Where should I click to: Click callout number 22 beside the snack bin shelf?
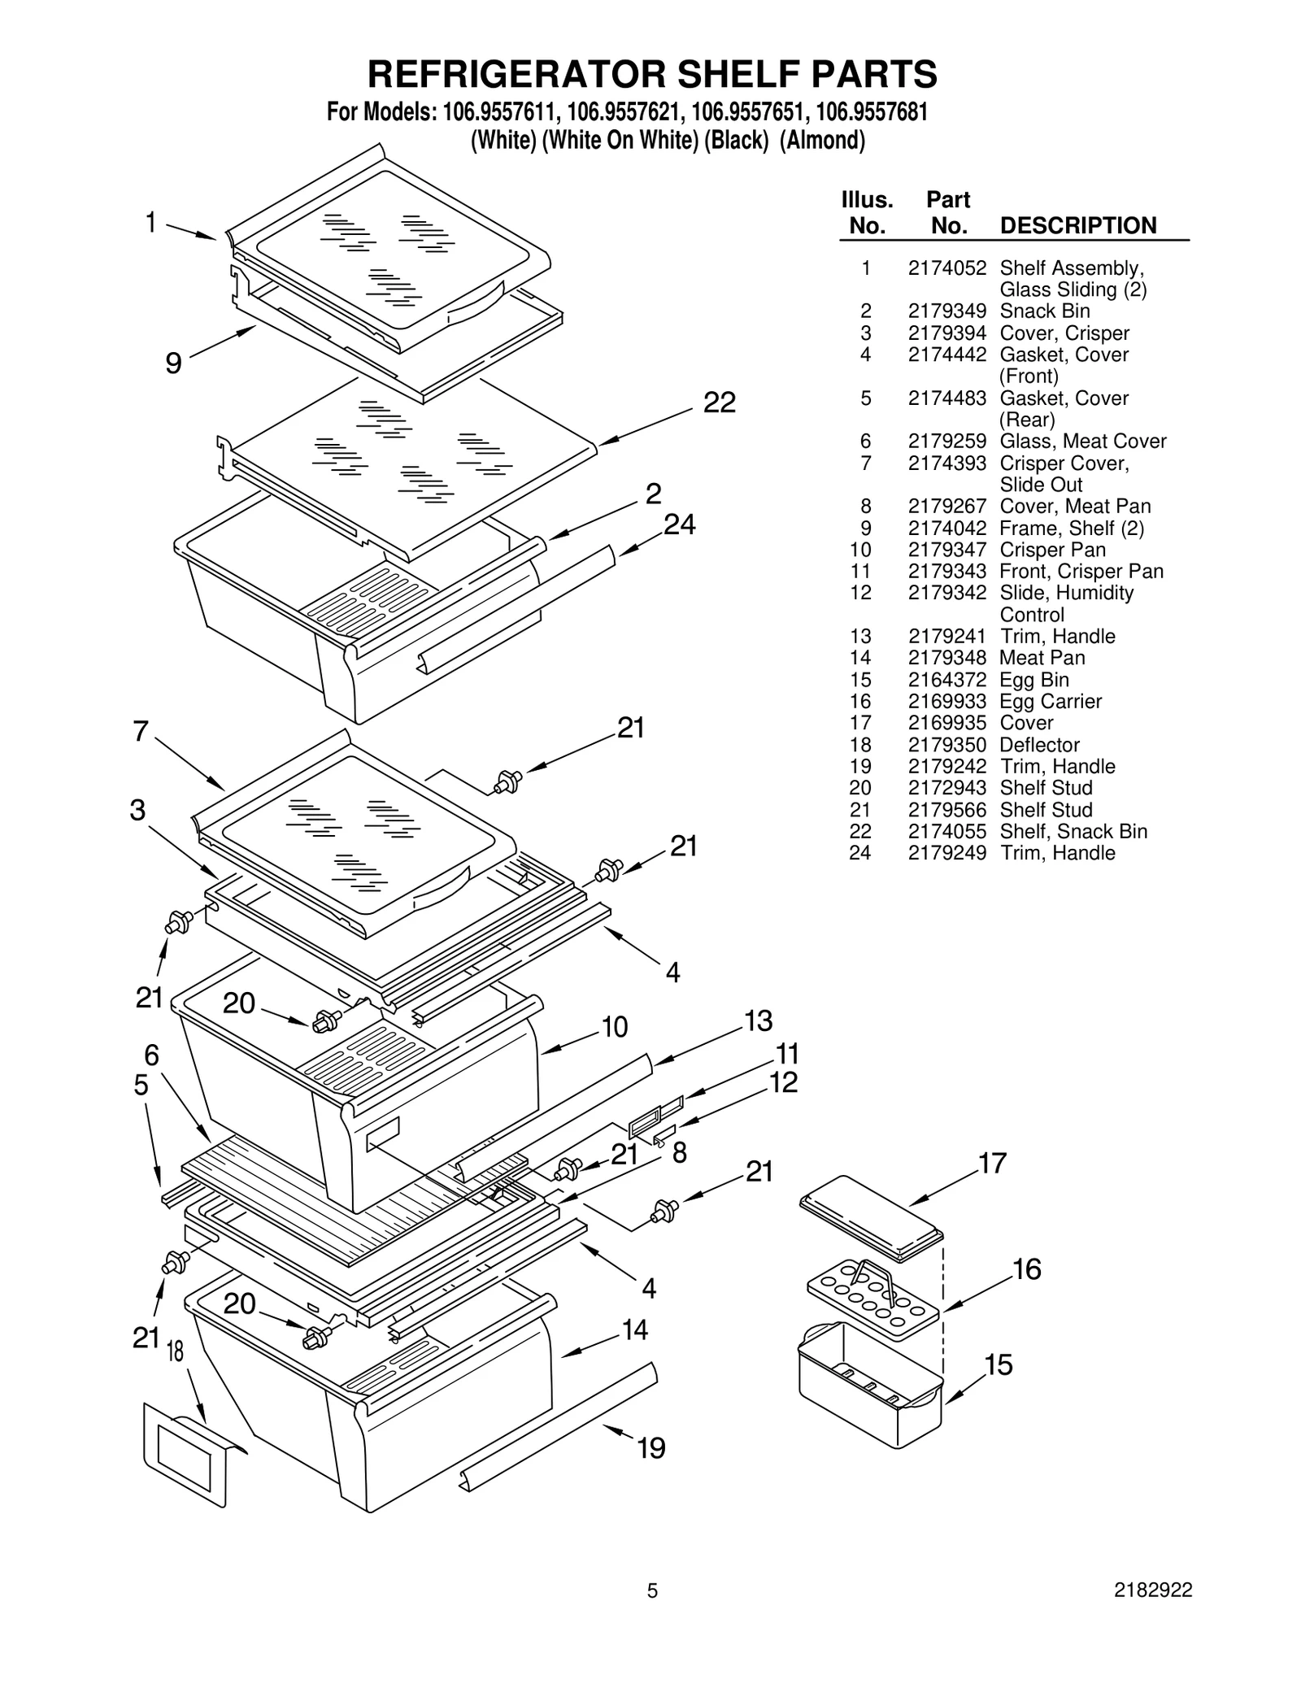(x=719, y=403)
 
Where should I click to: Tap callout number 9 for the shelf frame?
(x=173, y=363)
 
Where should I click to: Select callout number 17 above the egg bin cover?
(x=992, y=1164)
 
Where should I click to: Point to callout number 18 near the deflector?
(x=175, y=1351)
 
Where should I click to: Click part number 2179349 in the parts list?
(x=946, y=311)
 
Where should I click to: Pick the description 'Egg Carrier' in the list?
(x=1051, y=702)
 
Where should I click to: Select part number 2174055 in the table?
(x=946, y=832)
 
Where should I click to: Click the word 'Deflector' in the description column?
(x=1039, y=745)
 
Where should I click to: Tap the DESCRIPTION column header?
(x=1077, y=225)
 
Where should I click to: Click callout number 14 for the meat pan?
(x=634, y=1330)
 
